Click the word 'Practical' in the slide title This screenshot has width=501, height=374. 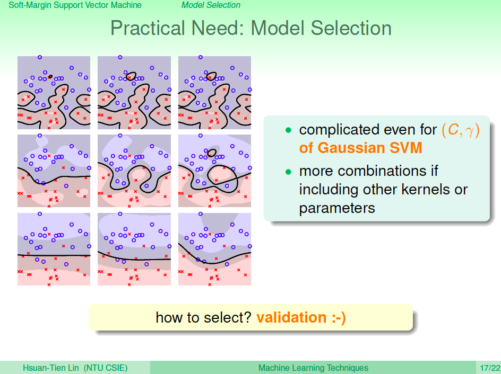coord(148,29)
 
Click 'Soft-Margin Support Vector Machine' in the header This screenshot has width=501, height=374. coord(75,5)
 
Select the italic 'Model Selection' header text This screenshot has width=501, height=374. coord(211,5)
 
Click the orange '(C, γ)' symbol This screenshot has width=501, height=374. coord(461,130)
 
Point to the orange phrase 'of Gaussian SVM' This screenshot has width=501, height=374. coord(361,148)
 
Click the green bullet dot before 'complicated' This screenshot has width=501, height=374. coord(288,130)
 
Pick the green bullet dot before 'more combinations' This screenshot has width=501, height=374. coord(288,172)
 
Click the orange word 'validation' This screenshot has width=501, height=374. coord(291,317)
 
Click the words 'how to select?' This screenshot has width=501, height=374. coord(204,317)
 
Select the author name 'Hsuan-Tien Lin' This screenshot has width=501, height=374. coord(51,368)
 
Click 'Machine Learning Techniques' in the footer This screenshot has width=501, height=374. coord(313,368)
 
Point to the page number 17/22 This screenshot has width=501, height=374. coord(490,368)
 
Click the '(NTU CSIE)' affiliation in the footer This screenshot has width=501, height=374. coord(106,368)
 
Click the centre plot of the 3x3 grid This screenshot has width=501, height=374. coord(134,171)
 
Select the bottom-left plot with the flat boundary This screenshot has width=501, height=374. coord(54,250)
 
